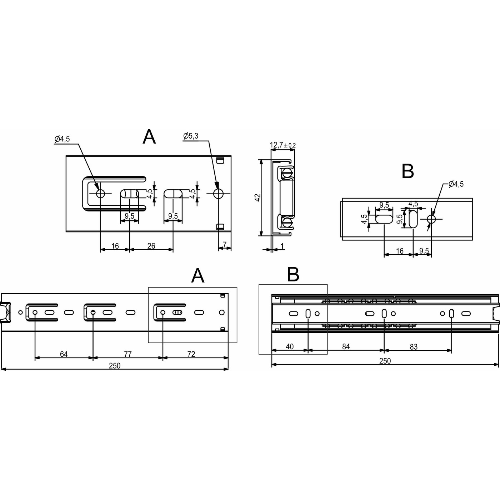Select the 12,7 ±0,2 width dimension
[282, 145]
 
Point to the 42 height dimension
[258, 198]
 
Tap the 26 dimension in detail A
[151, 246]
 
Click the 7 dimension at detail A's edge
[225, 245]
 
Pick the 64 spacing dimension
[64, 354]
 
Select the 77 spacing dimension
[127, 354]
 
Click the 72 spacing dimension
[191, 354]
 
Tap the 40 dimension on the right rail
[290, 346]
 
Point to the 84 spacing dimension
[346, 346]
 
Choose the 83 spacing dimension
[414, 346]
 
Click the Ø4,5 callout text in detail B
[456, 184]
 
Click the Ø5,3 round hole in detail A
[218, 194]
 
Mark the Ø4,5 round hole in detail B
[431, 219]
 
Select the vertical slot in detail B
[413, 219]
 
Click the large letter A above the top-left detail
[149, 137]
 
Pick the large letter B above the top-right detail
[407, 171]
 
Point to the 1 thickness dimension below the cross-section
[282, 246]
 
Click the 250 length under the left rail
[115, 366]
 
